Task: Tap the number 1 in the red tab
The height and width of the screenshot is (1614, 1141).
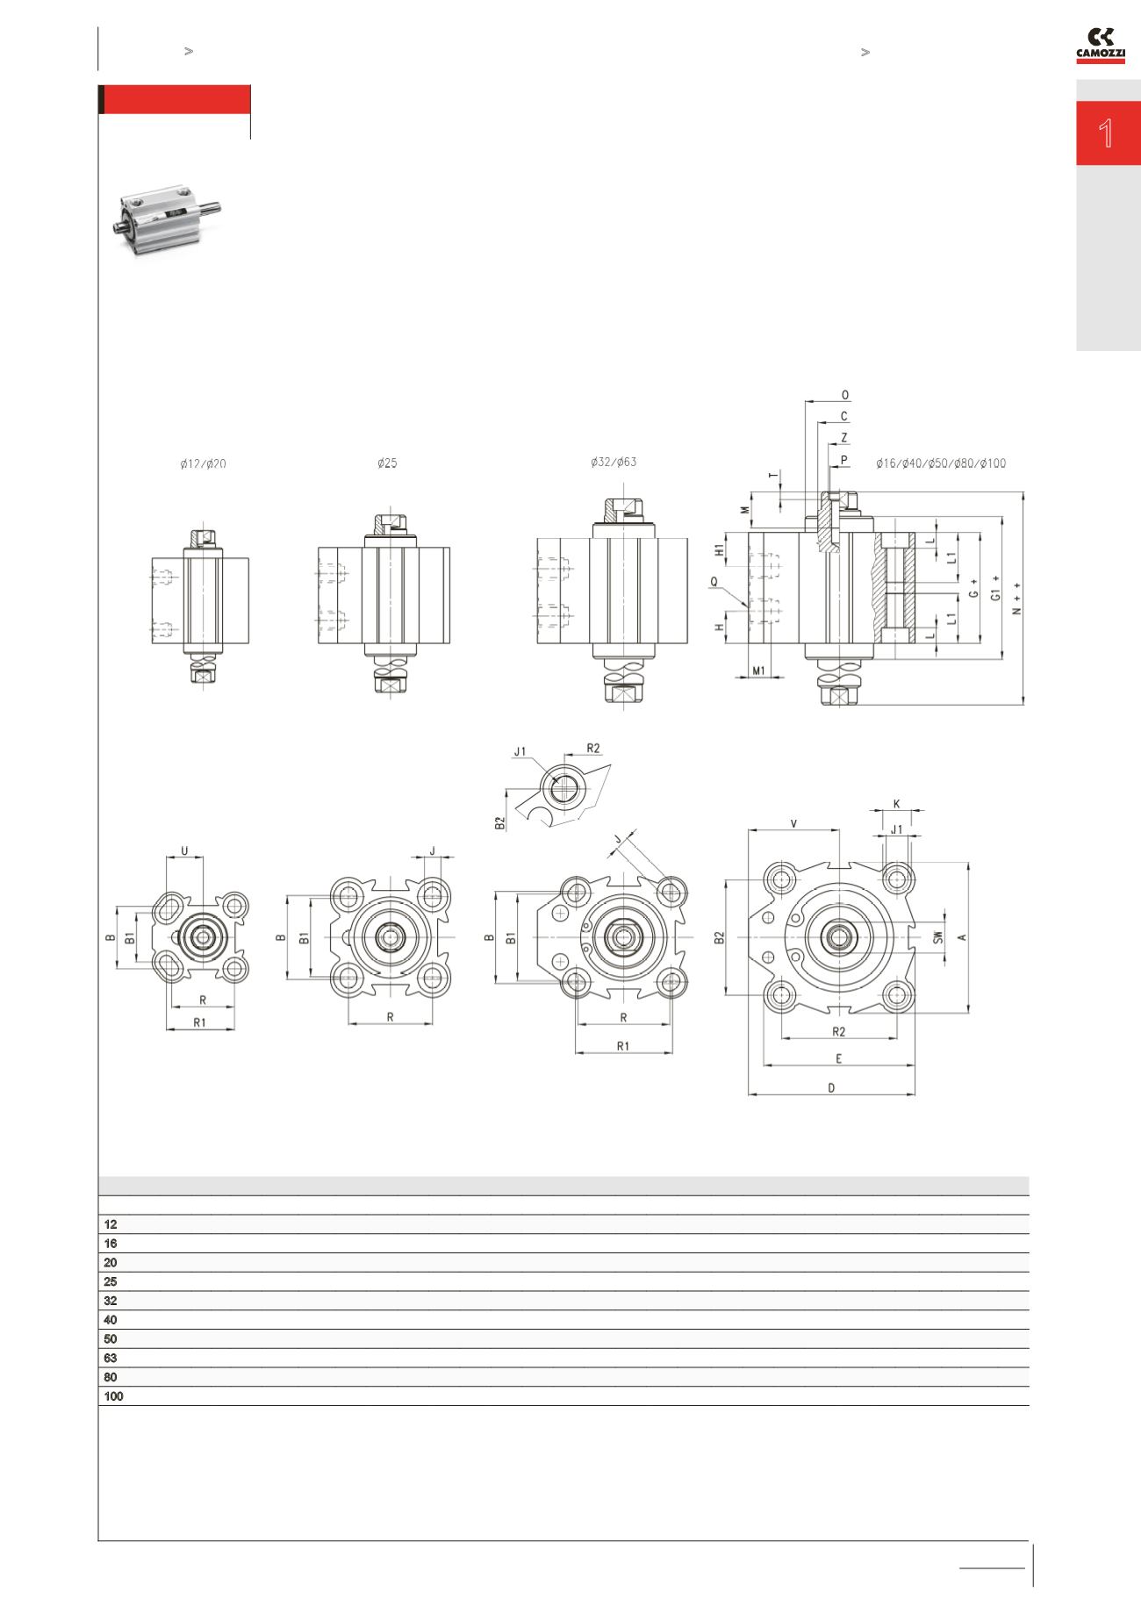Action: point(1107,133)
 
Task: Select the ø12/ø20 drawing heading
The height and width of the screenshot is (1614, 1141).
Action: point(203,464)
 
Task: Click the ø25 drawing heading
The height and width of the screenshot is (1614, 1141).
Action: point(387,464)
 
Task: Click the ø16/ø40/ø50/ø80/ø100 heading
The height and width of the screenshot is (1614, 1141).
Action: point(941,464)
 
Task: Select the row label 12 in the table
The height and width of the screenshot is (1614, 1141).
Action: point(111,1224)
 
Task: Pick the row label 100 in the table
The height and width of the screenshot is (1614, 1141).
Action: point(113,1396)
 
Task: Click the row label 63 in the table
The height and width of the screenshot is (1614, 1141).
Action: point(111,1358)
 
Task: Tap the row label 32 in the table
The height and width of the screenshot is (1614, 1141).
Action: point(111,1301)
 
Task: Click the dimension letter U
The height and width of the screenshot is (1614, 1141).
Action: point(184,850)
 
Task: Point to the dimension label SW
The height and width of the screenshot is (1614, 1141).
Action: point(938,937)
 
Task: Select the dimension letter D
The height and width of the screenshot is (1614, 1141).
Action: point(832,1088)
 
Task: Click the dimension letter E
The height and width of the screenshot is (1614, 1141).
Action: point(839,1059)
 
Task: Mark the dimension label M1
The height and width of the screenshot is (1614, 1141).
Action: point(761,671)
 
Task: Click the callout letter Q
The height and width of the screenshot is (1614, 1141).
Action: point(714,581)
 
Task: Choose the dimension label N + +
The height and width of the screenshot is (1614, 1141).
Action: point(1017,599)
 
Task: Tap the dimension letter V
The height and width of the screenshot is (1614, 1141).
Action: point(793,823)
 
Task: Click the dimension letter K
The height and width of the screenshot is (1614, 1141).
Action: point(896,804)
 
